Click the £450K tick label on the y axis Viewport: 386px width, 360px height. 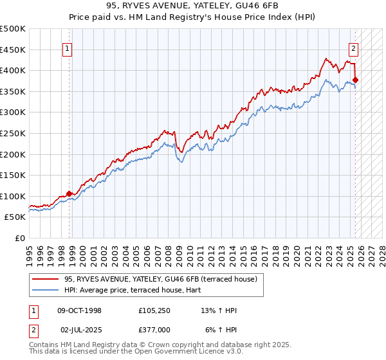pyautogui.click(x=13, y=50)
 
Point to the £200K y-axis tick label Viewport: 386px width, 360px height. pyautogui.click(x=13, y=154)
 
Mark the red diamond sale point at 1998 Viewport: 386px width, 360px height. pyautogui.click(x=69, y=194)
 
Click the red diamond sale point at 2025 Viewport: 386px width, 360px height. pyautogui.click(x=356, y=80)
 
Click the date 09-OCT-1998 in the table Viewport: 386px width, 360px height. pyautogui.click(x=80, y=310)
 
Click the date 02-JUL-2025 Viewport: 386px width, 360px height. pyautogui.click(x=80, y=330)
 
